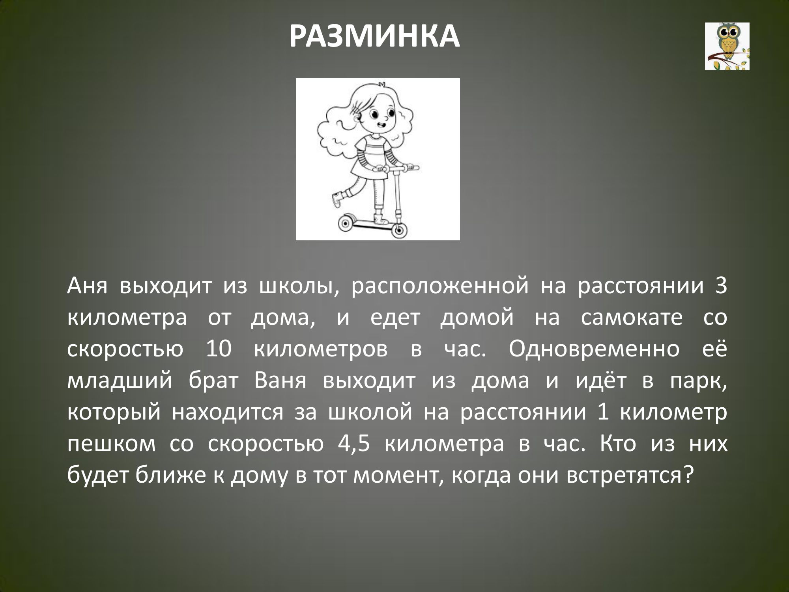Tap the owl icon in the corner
(x=727, y=46)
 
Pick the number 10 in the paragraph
(x=219, y=350)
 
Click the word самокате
(x=632, y=318)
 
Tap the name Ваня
(x=280, y=382)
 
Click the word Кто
(x=618, y=444)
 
